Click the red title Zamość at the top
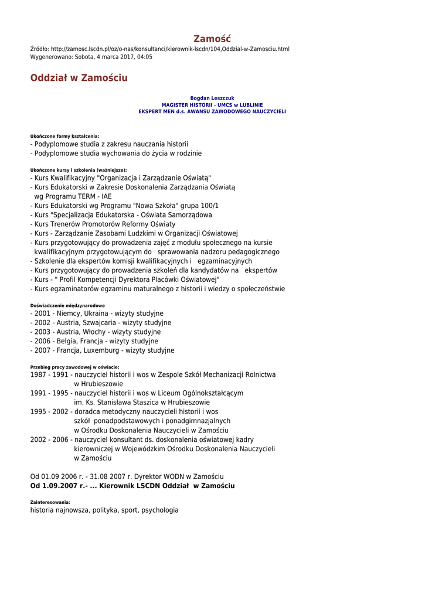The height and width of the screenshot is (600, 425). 212,39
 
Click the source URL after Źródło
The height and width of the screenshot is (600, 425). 170,49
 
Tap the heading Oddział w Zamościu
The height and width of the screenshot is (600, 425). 79,78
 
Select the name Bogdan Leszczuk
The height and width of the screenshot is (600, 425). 212,98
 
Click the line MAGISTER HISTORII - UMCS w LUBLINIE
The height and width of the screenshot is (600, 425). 212,104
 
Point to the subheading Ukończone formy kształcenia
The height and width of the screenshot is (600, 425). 64,136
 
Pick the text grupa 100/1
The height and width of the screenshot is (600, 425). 199,206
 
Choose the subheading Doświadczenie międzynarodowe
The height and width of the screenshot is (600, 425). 67,305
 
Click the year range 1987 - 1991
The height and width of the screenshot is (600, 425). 49,374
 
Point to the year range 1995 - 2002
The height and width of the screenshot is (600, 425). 49,411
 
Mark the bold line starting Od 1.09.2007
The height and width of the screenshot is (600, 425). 132,486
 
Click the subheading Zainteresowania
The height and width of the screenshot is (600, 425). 50,502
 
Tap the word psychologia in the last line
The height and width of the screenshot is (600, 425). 159,510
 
